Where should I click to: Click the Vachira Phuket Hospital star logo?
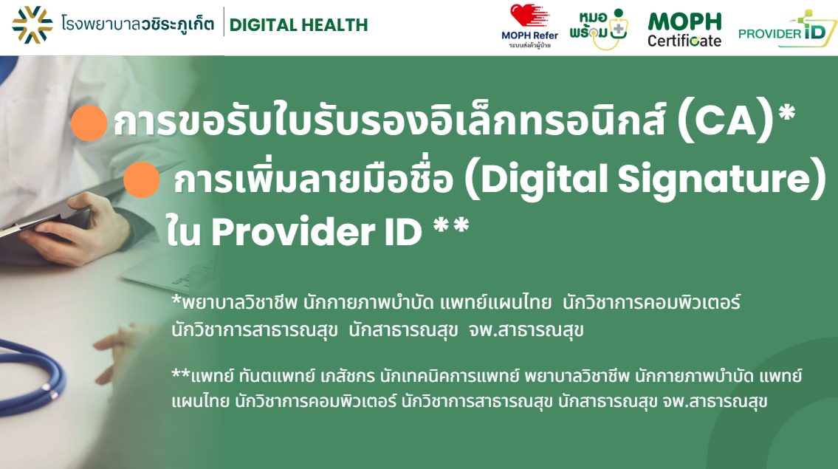pos(32,24)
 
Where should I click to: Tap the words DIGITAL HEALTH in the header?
pos(298,25)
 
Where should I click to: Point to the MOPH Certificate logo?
pos(684,30)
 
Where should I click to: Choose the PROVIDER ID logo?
pos(787,29)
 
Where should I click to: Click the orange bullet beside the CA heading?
pos(89,123)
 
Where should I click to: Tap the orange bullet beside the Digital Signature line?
pos(142,179)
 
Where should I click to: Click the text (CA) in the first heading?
pos(725,121)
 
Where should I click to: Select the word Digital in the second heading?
pos(544,179)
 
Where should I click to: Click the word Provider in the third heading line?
pos(293,232)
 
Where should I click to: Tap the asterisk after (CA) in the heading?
pos(787,113)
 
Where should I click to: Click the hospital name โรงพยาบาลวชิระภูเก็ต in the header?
pos(137,24)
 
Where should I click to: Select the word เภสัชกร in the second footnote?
pos(348,376)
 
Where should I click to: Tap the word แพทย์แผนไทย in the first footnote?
pos(495,303)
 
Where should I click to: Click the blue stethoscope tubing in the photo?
pos(31,374)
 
